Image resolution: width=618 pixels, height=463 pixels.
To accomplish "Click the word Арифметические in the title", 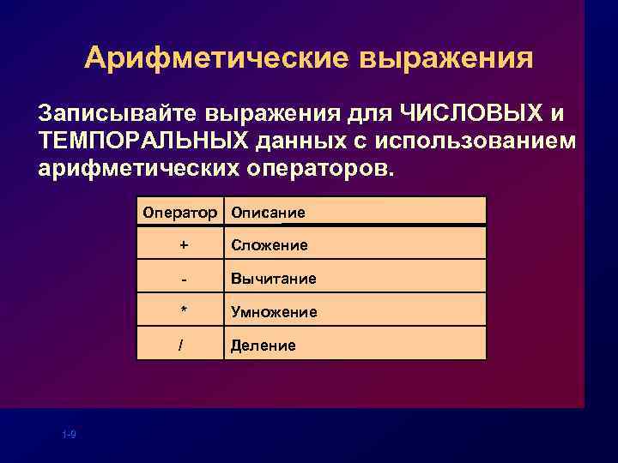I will [216, 58].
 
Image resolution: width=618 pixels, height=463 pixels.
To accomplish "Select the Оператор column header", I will [181, 212].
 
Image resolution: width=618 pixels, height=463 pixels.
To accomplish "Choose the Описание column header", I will [268, 212].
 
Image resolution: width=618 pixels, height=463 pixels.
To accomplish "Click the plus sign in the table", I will [182, 245].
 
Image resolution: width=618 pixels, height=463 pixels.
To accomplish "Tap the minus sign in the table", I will [182, 279].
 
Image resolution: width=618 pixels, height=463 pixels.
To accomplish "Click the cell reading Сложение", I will [270, 246].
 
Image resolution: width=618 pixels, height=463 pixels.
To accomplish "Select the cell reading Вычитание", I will [273, 279].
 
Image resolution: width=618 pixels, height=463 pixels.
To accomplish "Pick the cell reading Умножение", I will [274, 312].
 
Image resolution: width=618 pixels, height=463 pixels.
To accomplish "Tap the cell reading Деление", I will [264, 346].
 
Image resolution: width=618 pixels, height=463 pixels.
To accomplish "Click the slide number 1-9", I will [70, 436].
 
